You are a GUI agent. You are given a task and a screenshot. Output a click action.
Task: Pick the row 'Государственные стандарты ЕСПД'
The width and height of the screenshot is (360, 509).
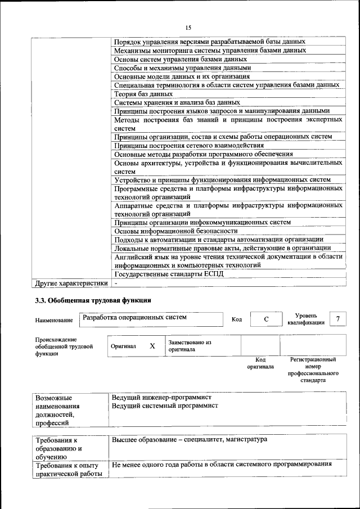(x=169, y=274)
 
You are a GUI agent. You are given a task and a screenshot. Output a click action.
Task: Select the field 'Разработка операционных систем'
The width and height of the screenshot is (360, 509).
(x=134, y=318)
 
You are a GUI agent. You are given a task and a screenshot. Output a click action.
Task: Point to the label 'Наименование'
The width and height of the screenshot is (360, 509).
(x=54, y=320)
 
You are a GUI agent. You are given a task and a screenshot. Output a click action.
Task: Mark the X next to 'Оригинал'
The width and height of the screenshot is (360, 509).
(x=152, y=346)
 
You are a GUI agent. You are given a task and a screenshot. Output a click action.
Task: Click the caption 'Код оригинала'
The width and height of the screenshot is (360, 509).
(x=260, y=363)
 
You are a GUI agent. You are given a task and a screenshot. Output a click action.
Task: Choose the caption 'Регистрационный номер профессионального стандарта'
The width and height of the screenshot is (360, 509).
(x=313, y=369)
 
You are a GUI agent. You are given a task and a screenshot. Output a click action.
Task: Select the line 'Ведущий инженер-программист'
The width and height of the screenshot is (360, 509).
(x=159, y=398)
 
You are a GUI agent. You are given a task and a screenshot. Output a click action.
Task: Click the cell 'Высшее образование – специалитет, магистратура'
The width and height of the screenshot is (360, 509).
(x=190, y=439)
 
